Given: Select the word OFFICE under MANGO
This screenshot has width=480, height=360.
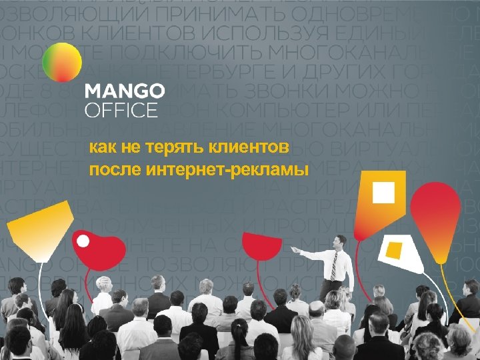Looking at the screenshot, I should click(x=121, y=109).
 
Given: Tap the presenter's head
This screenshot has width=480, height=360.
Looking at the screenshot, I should click(x=341, y=241).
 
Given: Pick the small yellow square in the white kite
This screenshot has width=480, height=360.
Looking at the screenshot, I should click(x=394, y=251).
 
